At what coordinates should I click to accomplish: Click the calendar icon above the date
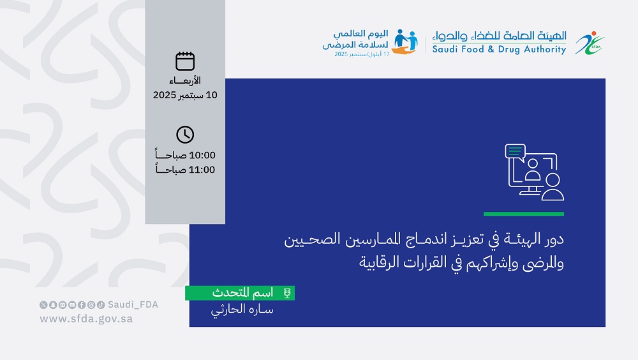tap(185, 61)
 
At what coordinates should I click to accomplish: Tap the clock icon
tap(185, 135)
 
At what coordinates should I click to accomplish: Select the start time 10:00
tap(202, 155)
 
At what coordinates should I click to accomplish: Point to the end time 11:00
tap(202, 170)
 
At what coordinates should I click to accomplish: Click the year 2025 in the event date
tap(165, 95)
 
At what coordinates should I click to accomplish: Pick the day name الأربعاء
tap(185, 80)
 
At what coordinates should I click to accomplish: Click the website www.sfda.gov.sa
tap(86, 319)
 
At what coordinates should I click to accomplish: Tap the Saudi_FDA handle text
tap(133, 304)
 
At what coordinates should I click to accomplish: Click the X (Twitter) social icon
tap(43, 304)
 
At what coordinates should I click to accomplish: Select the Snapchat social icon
tap(53, 304)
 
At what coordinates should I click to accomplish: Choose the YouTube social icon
tap(72, 304)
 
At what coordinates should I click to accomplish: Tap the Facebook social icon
tap(82, 304)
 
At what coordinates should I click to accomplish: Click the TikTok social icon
tap(101, 304)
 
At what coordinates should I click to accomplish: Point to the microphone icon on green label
tap(287, 293)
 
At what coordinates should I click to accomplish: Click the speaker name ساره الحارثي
tap(242, 310)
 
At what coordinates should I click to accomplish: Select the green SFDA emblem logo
tap(590, 43)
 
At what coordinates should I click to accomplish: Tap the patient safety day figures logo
tap(405, 41)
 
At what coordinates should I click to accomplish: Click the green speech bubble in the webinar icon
tap(515, 151)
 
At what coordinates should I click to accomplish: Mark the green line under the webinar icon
tap(524, 214)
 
